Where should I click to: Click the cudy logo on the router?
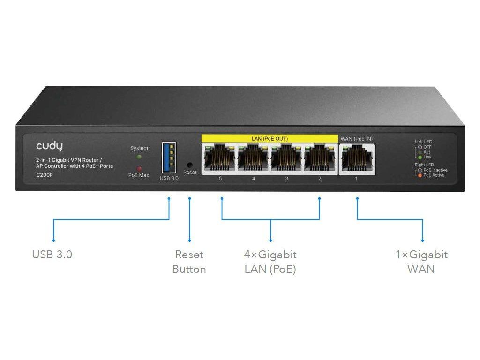click(49, 147)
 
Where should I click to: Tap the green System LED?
click(139, 157)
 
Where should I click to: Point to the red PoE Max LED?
click(139, 168)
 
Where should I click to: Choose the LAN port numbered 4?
click(254, 159)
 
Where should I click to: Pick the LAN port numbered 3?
click(287, 159)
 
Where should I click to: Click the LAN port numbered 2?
click(320, 159)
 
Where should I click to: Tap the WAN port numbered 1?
click(357, 159)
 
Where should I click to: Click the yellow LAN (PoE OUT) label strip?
click(270, 138)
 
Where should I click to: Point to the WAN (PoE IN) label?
click(356, 138)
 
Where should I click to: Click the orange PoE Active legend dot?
click(420, 175)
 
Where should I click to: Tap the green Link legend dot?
click(420, 157)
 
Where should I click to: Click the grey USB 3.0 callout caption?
click(52, 255)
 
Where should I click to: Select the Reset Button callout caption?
click(189, 262)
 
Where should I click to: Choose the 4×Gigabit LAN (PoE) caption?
click(270, 262)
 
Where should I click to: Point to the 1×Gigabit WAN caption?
click(421, 262)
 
